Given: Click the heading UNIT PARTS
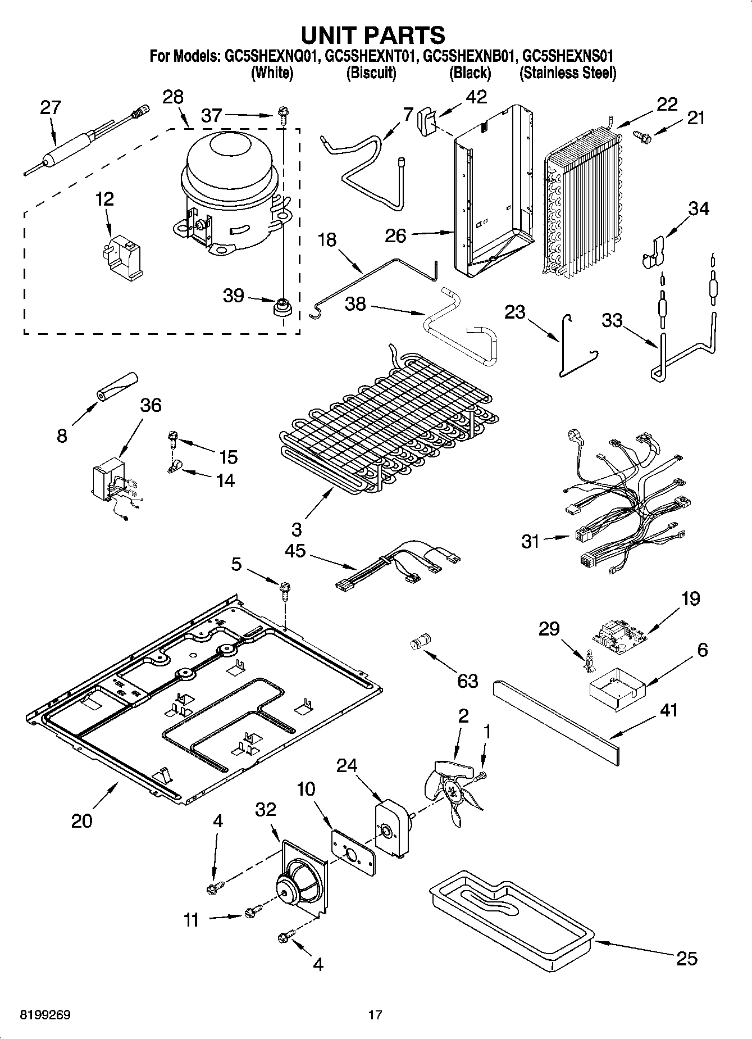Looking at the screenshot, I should point(373,35).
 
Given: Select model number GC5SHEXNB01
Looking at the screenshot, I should point(470,56).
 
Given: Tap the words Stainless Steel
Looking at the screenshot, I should point(567,73).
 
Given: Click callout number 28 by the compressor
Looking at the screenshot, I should point(173,97).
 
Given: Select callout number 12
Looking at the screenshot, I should point(104,199).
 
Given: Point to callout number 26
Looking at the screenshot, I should point(395,235).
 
